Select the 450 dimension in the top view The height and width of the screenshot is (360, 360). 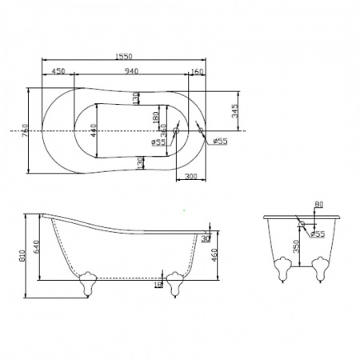click(x=58, y=71)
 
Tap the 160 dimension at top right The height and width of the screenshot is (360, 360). click(x=197, y=71)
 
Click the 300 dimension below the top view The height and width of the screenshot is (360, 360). click(x=191, y=175)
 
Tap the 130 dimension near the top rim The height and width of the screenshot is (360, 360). click(x=137, y=98)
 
